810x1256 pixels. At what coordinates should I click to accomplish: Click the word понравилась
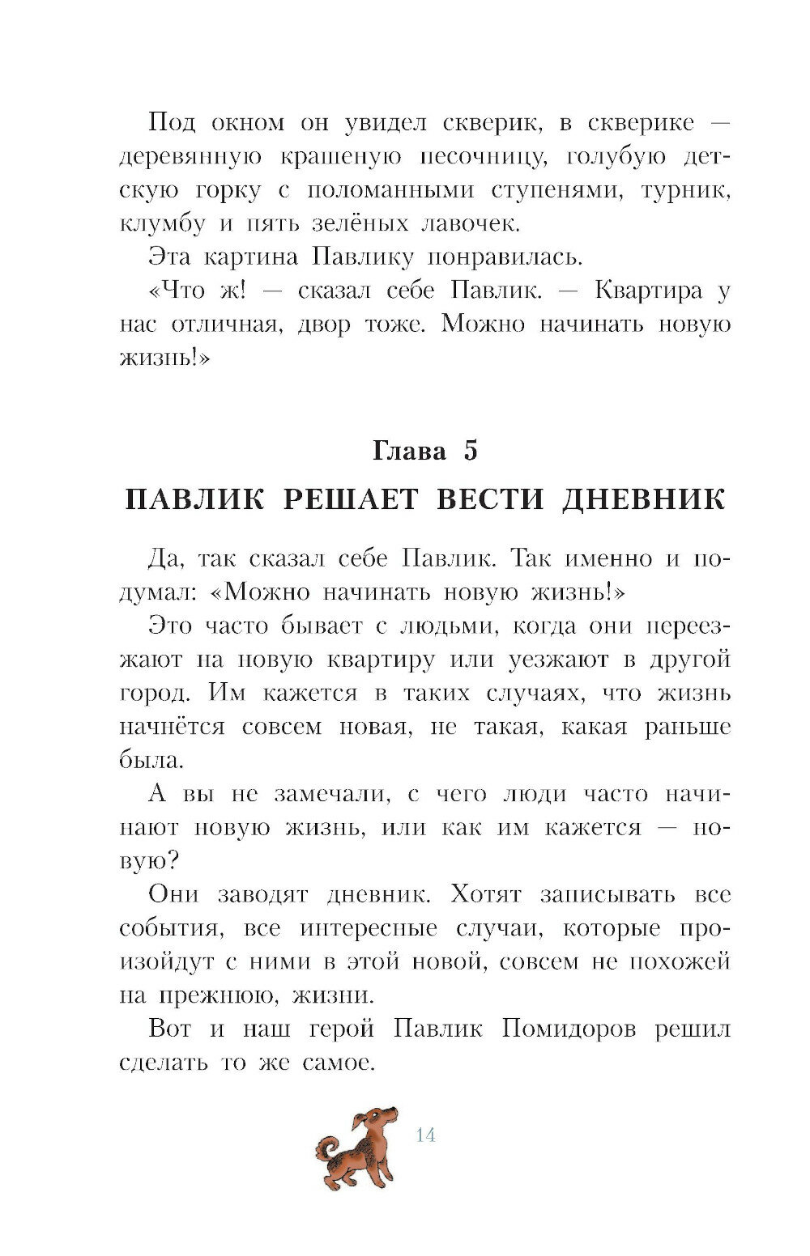coord(515,257)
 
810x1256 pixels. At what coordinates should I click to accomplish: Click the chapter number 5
coord(470,450)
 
